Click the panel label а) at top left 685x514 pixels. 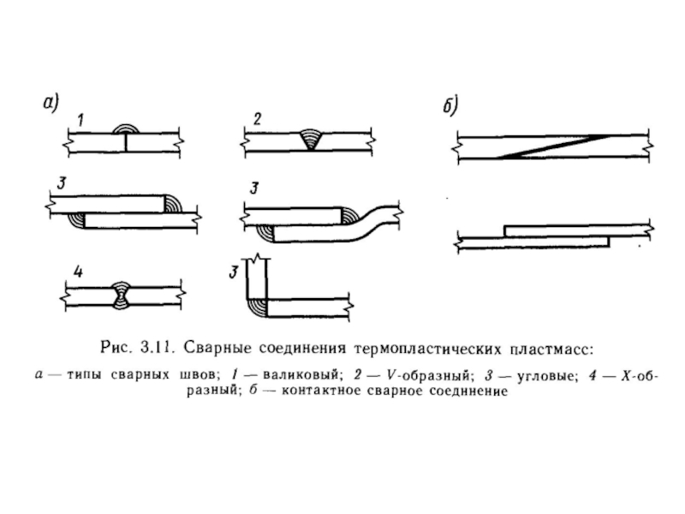51,103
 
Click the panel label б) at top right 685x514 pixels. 451,107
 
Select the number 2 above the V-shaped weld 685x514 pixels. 257,118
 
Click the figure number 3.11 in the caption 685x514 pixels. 157,349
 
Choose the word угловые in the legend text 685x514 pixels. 531,376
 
